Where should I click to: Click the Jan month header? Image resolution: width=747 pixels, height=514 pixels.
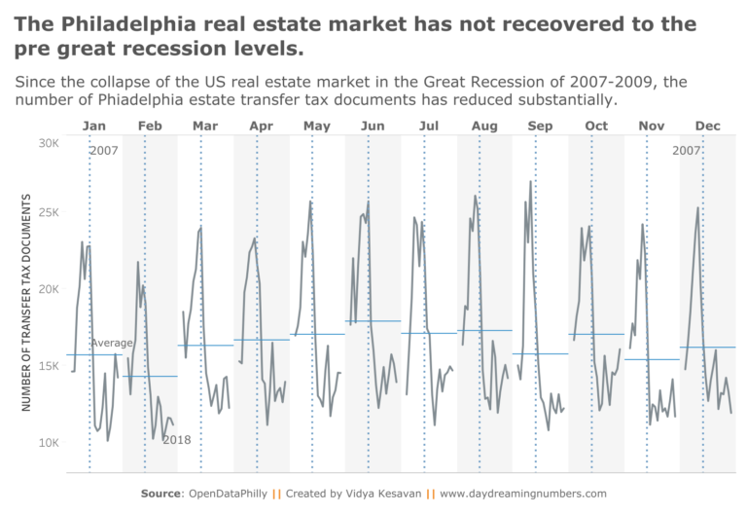coord(94,126)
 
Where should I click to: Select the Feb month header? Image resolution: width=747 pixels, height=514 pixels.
coord(150,126)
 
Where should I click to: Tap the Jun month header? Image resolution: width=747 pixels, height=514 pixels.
coord(373,126)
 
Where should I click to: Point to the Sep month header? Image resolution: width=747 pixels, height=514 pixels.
coord(540,126)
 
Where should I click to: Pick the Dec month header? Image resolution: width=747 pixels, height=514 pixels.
coord(707,126)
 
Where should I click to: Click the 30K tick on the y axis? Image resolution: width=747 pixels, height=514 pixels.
coord(49,143)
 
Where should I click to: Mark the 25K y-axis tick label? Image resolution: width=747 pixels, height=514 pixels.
coord(49,213)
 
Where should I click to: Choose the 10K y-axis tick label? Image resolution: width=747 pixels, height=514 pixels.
coord(49,443)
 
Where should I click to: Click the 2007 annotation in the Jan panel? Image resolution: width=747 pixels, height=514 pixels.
coord(103,151)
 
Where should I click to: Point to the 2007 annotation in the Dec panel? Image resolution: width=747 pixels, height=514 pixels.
coord(686,151)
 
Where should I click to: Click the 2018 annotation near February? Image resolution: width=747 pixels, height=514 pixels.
coord(176,440)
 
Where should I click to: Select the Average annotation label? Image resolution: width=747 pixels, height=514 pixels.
coord(112,343)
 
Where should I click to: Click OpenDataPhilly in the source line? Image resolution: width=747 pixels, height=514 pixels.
coord(226,494)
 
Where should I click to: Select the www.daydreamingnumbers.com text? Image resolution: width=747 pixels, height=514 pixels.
coord(523,494)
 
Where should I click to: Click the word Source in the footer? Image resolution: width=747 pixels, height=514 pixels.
coord(161,494)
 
